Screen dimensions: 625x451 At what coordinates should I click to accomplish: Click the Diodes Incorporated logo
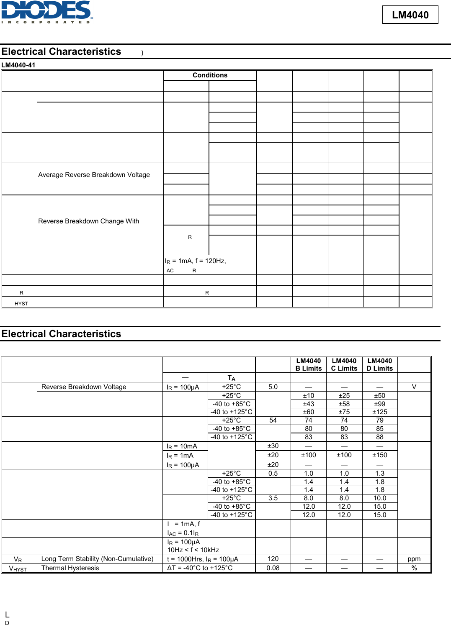(x=46, y=12)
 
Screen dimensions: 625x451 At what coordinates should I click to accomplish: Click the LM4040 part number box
(x=410, y=15)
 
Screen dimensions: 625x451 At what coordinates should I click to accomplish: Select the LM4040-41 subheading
(x=18, y=65)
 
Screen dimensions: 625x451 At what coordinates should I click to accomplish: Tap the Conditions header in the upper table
(x=210, y=75)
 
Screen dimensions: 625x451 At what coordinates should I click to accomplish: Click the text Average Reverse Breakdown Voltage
(x=94, y=175)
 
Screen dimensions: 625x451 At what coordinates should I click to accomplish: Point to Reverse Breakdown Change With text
(x=88, y=221)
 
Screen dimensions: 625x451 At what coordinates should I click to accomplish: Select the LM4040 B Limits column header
(x=308, y=365)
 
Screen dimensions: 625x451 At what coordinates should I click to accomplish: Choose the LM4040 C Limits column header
(x=344, y=365)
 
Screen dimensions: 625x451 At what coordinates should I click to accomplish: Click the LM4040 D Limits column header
(x=379, y=365)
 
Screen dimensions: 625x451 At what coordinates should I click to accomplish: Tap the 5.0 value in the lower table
(x=273, y=387)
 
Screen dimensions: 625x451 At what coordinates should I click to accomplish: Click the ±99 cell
(x=379, y=404)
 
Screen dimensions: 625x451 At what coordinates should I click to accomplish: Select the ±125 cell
(x=379, y=412)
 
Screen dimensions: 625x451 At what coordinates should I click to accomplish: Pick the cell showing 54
(x=273, y=420)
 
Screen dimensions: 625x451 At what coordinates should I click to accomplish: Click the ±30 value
(x=273, y=446)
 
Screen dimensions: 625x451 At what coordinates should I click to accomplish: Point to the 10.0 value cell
(x=379, y=498)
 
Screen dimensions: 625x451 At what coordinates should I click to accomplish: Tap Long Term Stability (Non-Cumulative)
(x=97, y=559)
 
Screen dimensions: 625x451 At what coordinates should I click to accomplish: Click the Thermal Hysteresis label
(x=70, y=568)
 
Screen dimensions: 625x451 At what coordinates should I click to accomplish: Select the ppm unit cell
(x=414, y=559)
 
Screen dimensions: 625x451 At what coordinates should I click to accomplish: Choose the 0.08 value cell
(x=273, y=568)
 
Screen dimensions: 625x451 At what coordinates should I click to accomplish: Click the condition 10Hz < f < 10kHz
(x=193, y=550)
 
